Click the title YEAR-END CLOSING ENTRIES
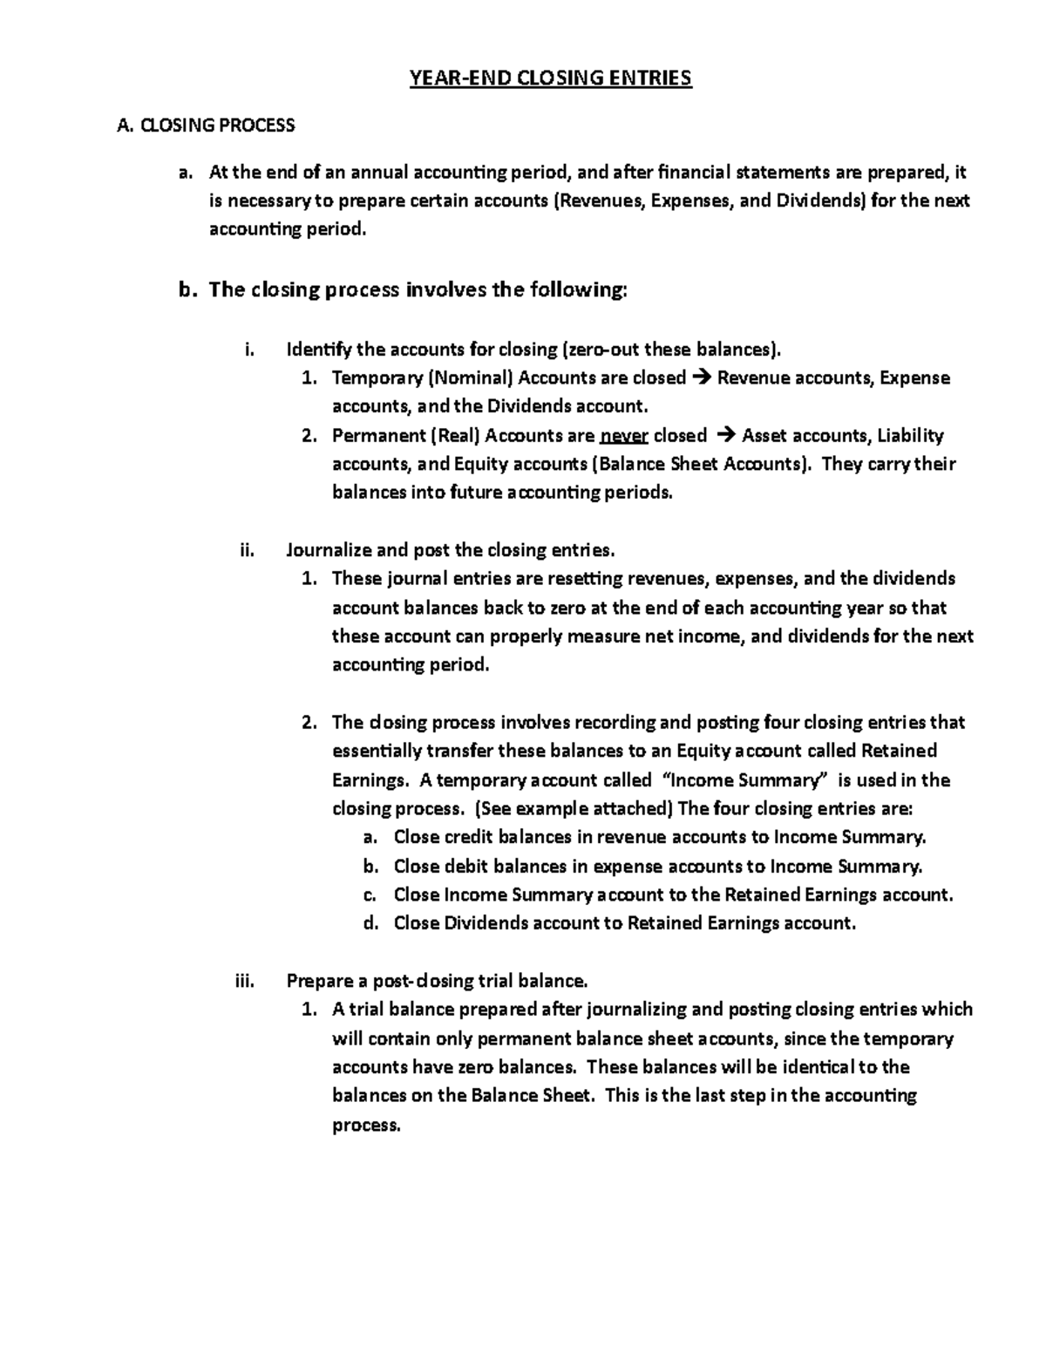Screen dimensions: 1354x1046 [x=551, y=78]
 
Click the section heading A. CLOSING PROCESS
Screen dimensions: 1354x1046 [x=206, y=126]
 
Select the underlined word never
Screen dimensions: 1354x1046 [x=623, y=435]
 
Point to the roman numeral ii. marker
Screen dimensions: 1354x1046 [x=246, y=550]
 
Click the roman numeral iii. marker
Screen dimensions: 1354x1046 [x=244, y=981]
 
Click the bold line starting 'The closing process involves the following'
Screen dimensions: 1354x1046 [x=418, y=289]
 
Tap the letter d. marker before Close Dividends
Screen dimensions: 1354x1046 [x=370, y=922]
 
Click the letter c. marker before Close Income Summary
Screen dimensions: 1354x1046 [x=370, y=895]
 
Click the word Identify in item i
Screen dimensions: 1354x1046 [x=318, y=350]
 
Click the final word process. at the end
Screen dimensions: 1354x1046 [x=366, y=1125]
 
